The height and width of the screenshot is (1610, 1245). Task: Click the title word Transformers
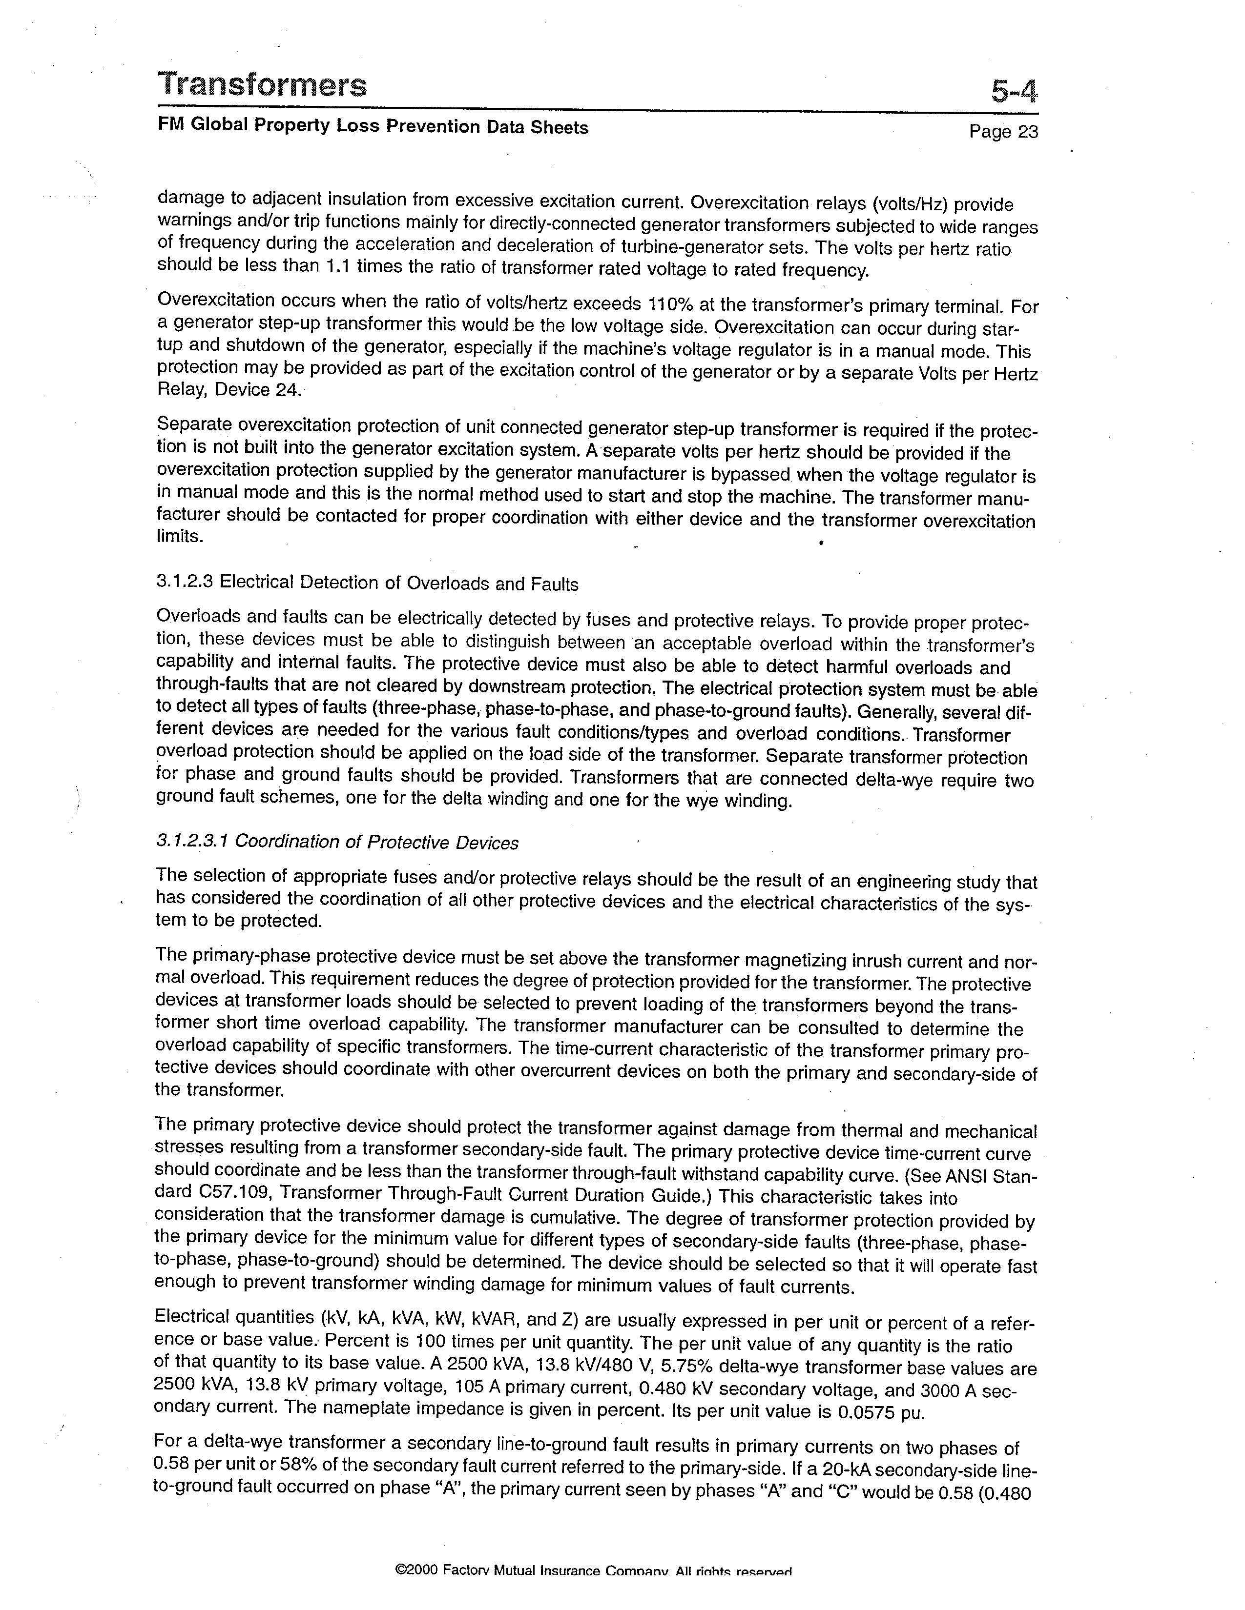262,85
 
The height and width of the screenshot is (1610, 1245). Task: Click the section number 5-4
1014,92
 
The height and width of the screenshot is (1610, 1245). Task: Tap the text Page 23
1003,131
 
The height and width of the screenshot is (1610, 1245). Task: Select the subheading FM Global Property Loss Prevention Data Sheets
373,126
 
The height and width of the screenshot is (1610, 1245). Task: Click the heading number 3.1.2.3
185,583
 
